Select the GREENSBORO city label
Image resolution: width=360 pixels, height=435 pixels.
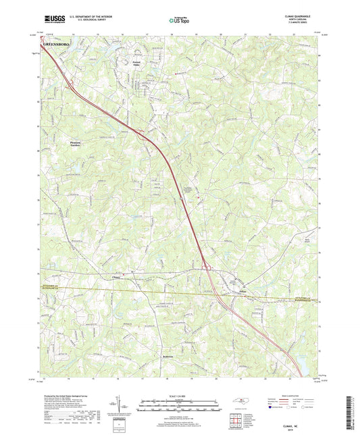[x=58, y=45]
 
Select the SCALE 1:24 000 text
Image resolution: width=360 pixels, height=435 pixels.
[x=179, y=396]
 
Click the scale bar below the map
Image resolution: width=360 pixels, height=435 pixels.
[x=179, y=405]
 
